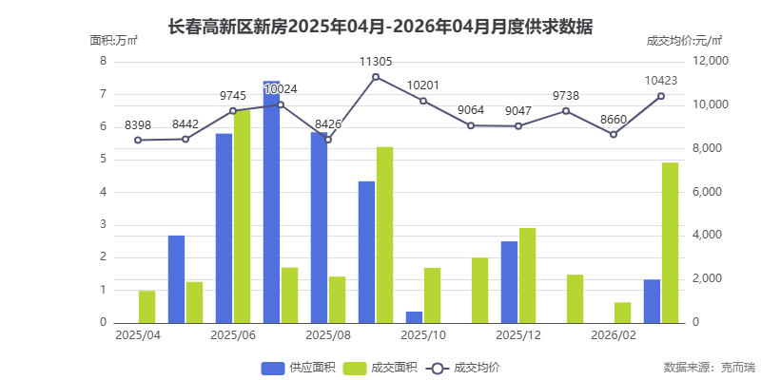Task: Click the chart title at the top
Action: click(380, 26)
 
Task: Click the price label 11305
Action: click(376, 61)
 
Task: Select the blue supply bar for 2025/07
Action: click(271, 201)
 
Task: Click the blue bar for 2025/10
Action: click(414, 316)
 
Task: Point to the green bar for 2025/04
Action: click(147, 306)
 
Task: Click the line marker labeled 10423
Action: click(661, 96)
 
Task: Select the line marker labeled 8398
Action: click(138, 140)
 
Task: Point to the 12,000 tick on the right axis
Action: click(709, 61)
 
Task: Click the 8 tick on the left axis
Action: click(103, 61)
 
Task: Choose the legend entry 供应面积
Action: click(295, 367)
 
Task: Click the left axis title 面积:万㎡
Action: click(114, 40)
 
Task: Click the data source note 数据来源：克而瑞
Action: click(709, 367)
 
